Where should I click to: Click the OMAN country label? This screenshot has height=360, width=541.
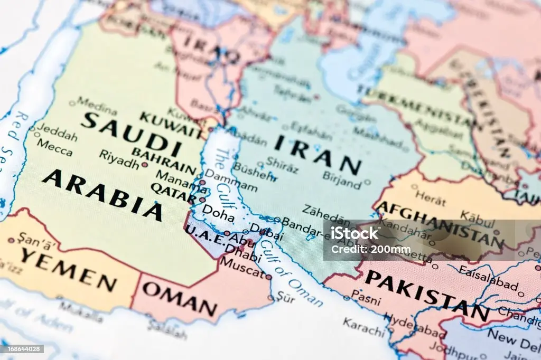pyautogui.click(x=180, y=298)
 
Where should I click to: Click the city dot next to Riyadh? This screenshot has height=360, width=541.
pyautogui.click(x=144, y=165)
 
